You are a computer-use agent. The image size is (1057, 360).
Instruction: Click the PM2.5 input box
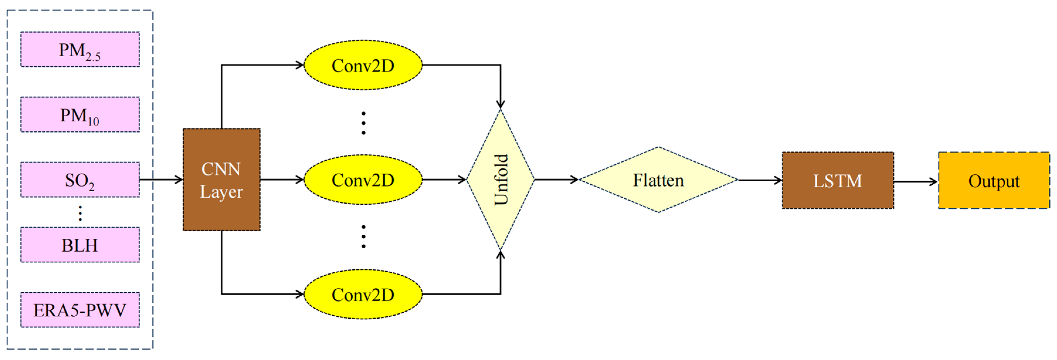(x=80, y=50)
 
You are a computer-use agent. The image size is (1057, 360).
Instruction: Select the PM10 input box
(x=80, y=114)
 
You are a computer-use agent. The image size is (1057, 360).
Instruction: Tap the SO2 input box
(x=80, y=180)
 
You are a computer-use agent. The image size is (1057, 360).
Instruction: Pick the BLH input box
(x=80, y=245)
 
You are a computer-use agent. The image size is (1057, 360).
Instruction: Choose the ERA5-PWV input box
(x=80, y=310)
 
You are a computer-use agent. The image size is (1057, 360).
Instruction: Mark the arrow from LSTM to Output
(x=915, y=181)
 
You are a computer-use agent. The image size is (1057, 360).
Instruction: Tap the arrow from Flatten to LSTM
(x=760, y=180)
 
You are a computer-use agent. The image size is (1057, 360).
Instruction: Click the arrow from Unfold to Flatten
(x=556, y=179)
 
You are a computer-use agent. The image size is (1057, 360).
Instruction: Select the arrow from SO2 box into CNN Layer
(x=161, y=179)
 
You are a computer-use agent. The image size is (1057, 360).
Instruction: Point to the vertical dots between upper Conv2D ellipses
(x=363, y=123)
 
